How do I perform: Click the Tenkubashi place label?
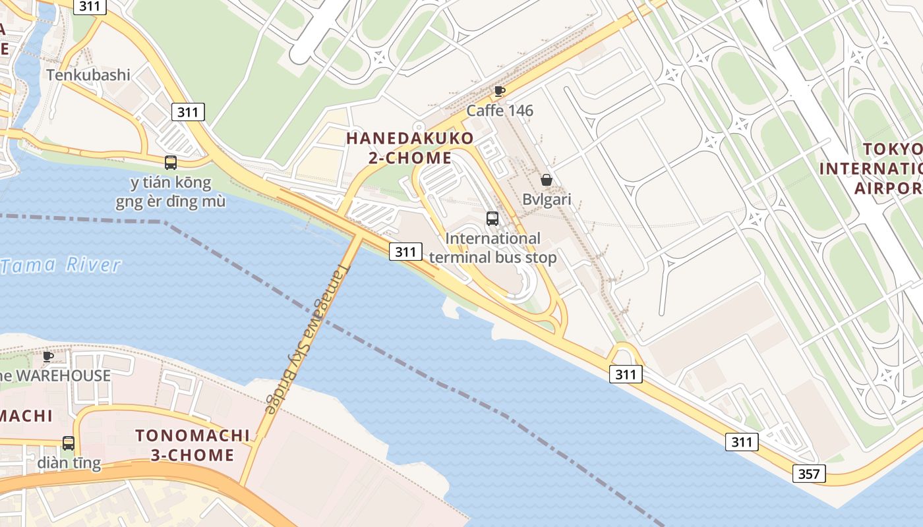[88, 75]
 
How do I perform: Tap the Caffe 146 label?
[500, 110]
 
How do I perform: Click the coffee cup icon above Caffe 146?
[500, 91]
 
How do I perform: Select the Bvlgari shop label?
[547, 199]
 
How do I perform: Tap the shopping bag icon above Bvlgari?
[546, 180]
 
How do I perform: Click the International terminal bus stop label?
[492, 248]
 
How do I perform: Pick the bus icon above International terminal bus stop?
[492, 219]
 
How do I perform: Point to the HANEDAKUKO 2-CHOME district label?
[409, 148]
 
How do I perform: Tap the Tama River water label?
[61, 265]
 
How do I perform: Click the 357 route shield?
[808, 474]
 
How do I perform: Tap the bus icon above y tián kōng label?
[171, 162]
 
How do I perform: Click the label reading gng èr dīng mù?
[171, 202]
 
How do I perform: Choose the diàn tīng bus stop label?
[69, 462]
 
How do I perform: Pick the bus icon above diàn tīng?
[69, 443]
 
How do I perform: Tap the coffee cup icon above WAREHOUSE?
[48, 356]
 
